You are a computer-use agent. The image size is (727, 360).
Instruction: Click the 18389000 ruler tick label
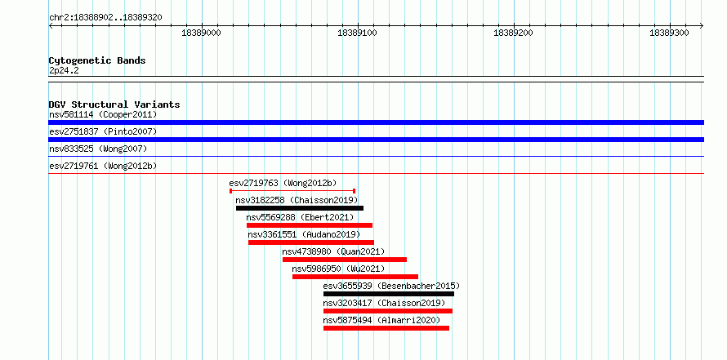point(201,33)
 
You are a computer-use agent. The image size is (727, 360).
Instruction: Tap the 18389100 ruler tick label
point(358,33)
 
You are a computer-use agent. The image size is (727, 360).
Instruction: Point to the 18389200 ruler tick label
point(513,33)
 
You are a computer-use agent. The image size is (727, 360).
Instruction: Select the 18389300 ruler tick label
point(670,33)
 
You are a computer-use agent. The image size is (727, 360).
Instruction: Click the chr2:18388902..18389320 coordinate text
point(105,18)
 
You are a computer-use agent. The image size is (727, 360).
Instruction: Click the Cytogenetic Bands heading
point(97,60)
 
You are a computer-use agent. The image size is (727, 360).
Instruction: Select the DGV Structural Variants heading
point(114,104)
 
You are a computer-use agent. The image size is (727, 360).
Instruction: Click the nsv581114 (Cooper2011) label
point(103,114)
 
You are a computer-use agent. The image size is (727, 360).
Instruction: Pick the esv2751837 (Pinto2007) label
point(103,131)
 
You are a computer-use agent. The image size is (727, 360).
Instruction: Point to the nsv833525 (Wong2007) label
point(98,149)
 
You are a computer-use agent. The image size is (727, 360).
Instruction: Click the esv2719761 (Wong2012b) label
point(103,166)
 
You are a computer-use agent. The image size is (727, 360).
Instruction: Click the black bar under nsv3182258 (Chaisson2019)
point(300,208)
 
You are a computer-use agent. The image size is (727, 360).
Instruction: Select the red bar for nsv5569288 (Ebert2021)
point(310,225)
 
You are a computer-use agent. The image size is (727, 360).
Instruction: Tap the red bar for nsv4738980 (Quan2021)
point(345,260)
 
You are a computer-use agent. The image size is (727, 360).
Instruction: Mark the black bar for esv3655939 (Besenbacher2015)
point(389,294)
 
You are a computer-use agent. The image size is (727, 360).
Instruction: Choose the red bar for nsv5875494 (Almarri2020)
point(386,328)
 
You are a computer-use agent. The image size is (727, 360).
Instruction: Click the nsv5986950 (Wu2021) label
point(338,269)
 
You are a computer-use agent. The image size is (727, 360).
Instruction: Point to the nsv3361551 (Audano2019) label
point(304,234)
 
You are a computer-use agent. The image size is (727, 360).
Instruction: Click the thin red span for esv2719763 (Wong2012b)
point(292,190)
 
